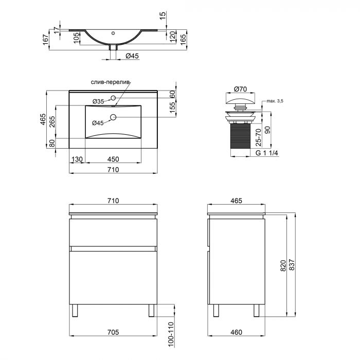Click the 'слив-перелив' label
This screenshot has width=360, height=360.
tap(111, 82)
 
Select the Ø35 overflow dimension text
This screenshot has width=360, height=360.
tap(98, 101)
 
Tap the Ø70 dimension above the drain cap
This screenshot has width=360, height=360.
tap(237, 88)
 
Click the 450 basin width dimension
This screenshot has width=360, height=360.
tap(113, 159)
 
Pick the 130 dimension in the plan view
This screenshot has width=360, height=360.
tap(77, 159)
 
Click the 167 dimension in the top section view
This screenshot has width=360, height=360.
tap(46, 39)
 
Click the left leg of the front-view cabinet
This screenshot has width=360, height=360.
tap(75, 310)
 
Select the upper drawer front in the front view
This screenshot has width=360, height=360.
tap(113, 232)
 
